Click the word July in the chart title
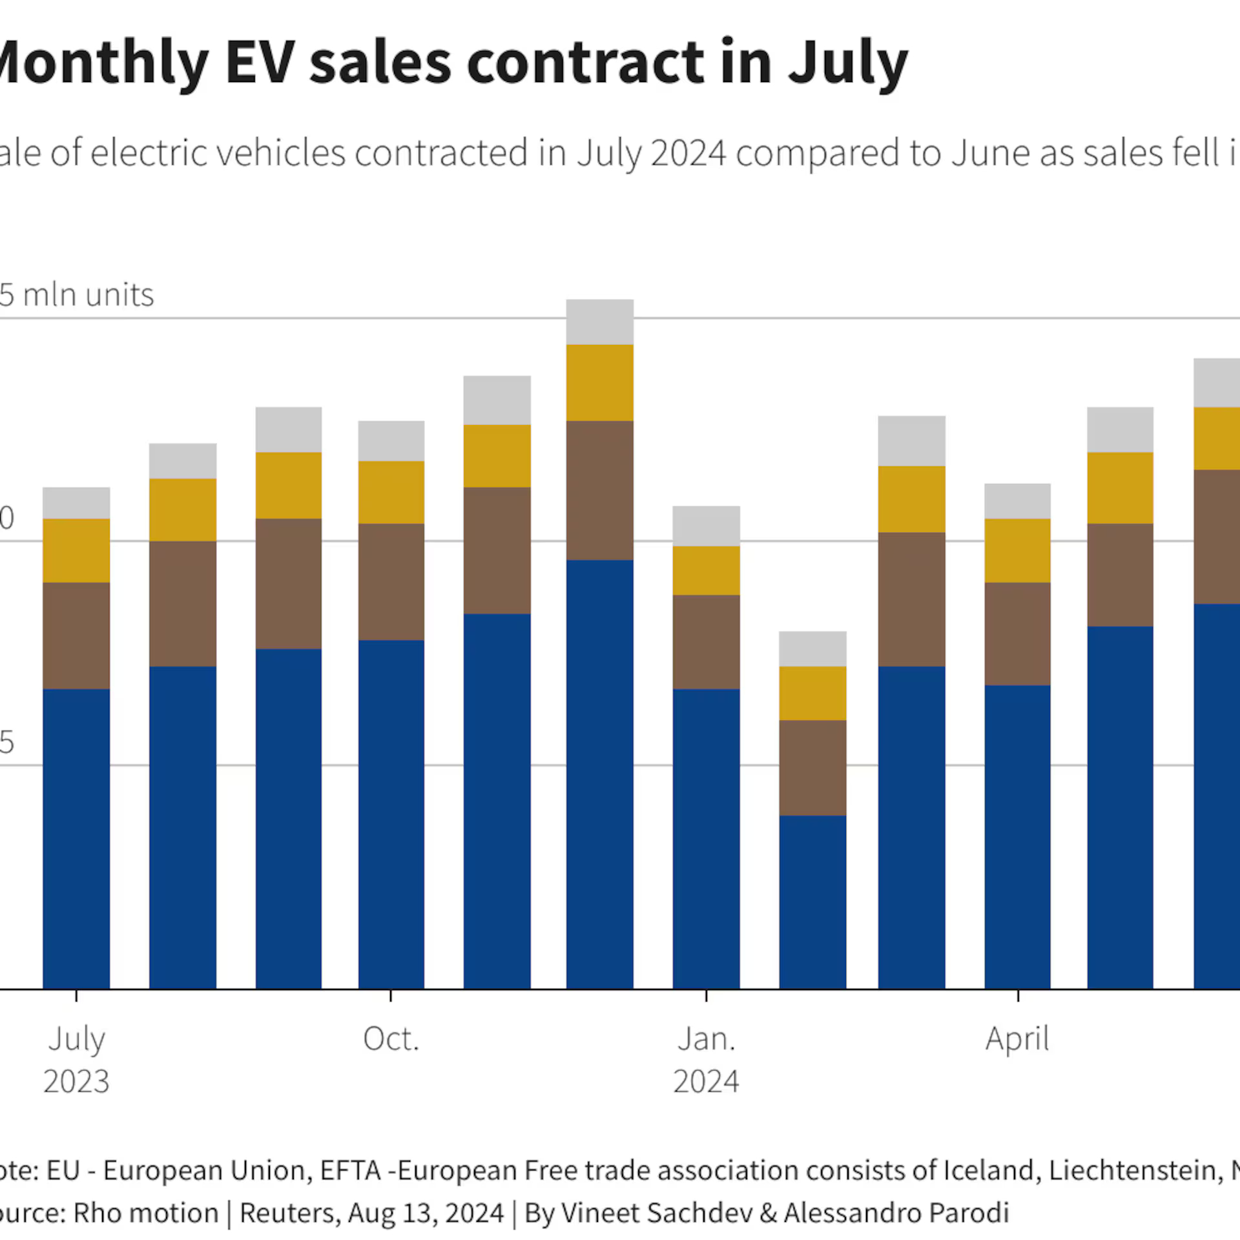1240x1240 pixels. click(848, 64)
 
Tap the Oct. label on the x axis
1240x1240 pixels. click(391, 1039)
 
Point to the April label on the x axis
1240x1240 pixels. click(1017, 1039)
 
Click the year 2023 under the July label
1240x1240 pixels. click(76, 1082)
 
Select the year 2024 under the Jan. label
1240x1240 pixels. click(706, 1082)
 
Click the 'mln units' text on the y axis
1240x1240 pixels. click(88, 295)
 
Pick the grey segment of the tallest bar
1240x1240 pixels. click(599, 322)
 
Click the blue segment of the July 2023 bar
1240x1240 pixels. click(76, 840)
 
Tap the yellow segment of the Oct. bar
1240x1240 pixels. click(391, 492)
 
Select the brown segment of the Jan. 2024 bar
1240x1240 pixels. click(706, 642)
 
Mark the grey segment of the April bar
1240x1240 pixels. click(1017, 501)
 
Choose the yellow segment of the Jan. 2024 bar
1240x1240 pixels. click(706, 570)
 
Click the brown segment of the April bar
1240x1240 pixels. click(1017, 634)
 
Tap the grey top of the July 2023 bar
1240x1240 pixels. click(76, 503)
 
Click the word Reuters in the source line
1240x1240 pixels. click(289, 1213)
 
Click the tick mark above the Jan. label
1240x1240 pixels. click(706, 995)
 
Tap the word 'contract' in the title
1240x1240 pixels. click(585, 63)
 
